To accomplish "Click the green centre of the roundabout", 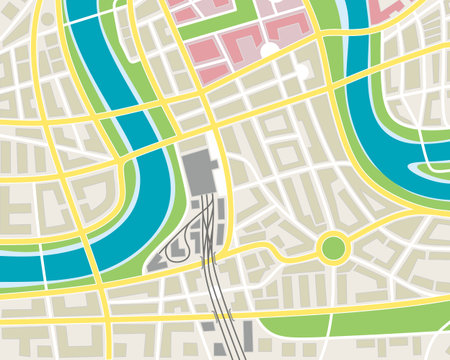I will (x=331, y=246).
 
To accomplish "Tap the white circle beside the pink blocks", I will (x=269, y=48).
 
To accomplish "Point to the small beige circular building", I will (x=47, y=19).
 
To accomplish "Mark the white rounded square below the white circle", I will (x=304, y=71).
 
